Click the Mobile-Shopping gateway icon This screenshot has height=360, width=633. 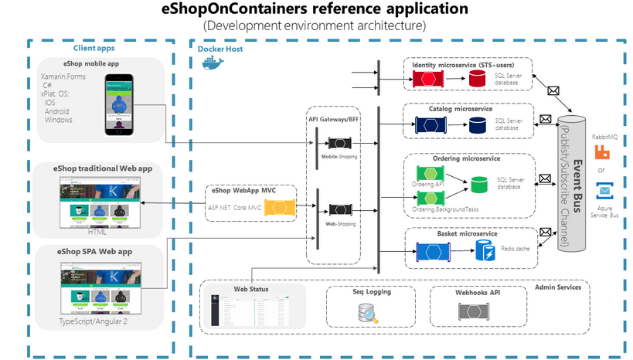341,144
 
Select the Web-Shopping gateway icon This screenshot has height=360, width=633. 341,209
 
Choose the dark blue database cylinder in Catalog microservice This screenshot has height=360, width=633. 477,125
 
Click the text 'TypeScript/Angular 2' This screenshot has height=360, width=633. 94,321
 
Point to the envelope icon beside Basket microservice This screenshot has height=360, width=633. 546,232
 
